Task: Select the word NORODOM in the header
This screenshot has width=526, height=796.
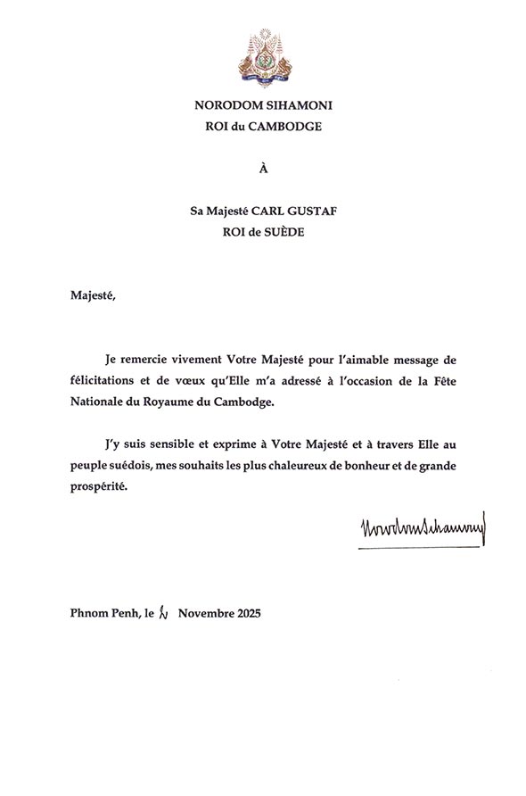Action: point(226,104)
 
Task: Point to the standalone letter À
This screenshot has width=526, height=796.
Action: point(262,167)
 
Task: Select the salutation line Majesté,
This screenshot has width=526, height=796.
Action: point(95,293)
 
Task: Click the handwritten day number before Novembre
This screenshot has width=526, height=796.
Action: point(162,614)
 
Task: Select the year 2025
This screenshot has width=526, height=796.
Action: point(245,615)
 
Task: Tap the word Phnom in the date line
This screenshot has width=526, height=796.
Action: point(89,615)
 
